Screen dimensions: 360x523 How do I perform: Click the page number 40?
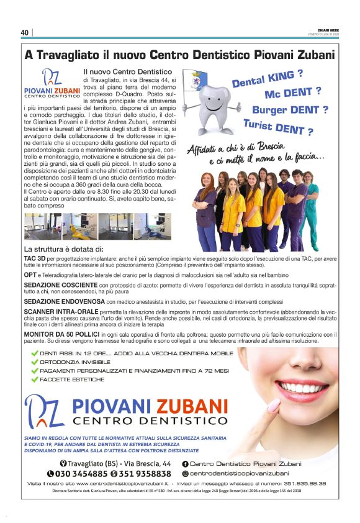(x=25, y=33)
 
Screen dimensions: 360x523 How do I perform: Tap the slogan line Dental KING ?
(x=268, y=80)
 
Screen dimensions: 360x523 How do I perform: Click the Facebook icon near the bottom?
(x=185, y=464)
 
